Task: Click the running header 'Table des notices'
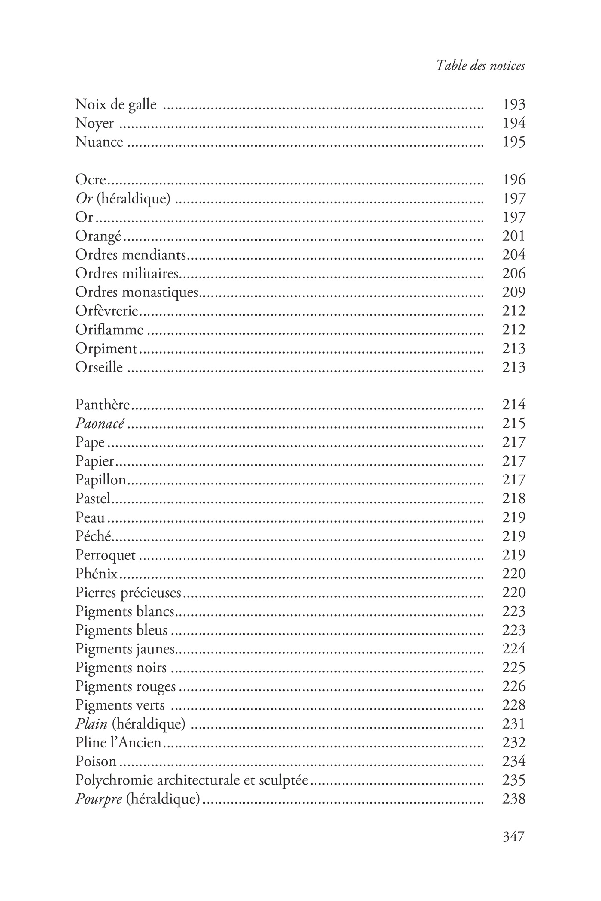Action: [480, 66]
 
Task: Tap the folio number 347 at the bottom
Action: [513, 836]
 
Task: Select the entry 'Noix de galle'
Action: [115, 104]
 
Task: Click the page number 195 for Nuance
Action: [514, 142]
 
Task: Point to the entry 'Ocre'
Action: [90, 180]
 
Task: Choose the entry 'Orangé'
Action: [98, 236]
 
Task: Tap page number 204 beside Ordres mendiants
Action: [514, 255]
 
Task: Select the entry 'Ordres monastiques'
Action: [137, 292]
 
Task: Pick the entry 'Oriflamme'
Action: [109, 330]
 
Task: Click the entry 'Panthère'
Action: [102, 405]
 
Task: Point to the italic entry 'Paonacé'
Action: [100, 424]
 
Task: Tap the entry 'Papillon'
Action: [100, 480]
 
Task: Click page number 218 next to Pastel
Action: [514, 499]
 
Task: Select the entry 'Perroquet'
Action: [105, 555]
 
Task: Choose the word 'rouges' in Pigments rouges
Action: [155, 686]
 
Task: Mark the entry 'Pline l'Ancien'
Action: [118, 743]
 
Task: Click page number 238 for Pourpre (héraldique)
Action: [514, 799]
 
